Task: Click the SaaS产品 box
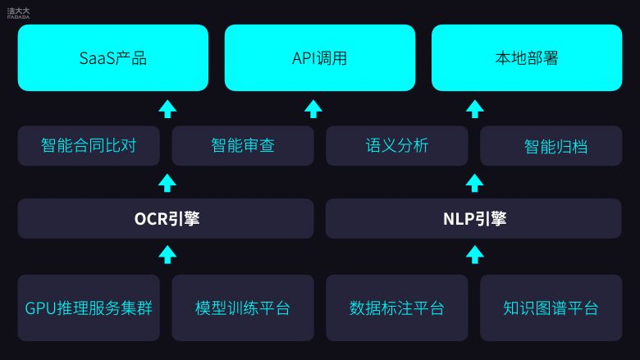(x=113, y=57)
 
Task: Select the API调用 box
(x=320, y=57)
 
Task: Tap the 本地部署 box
(x=527, y=57)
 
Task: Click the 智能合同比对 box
(x=89, y=145)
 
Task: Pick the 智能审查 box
(x=243, y=145)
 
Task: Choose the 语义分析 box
(x=397, y=145)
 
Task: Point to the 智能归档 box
(x=551, y=145)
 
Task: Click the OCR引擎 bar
(x=166, y=218)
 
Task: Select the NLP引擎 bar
(x=474, y=218)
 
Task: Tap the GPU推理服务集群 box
(x=89, y=308)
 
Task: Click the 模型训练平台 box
(x=243, y=308)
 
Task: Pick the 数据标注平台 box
(x=397, y=308)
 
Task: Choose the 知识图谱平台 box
(x=551, y=308)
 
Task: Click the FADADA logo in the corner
(x=18, y=13)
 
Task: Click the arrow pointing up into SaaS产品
(x=167, y=109)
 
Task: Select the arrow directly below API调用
(x=313, y=109)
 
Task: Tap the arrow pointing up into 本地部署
(x=475, y=109)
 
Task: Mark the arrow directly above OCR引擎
(x=167, y=183)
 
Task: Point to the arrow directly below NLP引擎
(x=475, y=255)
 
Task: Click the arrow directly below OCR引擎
(x=167, y=255)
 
